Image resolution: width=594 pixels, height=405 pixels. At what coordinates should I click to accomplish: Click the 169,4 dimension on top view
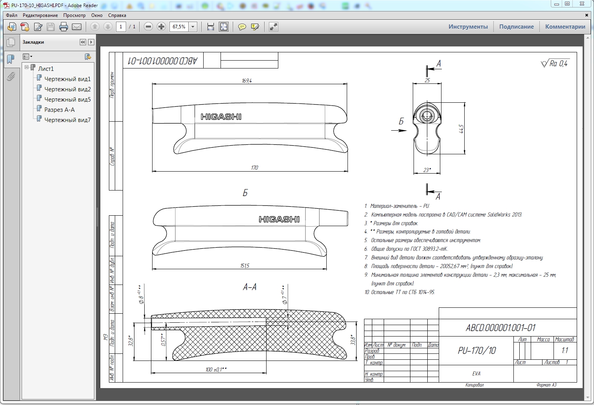(247, 81)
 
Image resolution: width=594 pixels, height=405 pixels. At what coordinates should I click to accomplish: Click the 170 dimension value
(254, 168)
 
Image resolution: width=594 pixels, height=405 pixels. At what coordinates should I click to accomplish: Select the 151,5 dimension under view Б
(245, 266)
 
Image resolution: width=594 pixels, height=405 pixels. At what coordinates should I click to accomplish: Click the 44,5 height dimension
(461, 129)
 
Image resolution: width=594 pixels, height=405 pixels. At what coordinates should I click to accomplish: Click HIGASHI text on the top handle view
(221, 117)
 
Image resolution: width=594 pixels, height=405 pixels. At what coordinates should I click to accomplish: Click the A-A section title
(250, 287)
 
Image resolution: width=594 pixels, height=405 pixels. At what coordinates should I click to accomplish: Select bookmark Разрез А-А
(59, 109)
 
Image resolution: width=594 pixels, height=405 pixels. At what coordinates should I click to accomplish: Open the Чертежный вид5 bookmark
(67, 99)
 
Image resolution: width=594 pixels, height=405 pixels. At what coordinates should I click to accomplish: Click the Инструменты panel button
(468, 27)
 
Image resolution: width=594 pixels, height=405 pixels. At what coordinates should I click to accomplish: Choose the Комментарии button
(565, 27)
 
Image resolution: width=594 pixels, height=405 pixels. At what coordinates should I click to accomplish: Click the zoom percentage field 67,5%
(179, 27)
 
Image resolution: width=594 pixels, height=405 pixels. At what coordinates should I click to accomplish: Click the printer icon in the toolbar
(64, 27)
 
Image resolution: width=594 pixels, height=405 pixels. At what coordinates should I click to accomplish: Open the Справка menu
(117, 15)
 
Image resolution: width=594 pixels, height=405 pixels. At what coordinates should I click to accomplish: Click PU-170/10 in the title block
(476, 350)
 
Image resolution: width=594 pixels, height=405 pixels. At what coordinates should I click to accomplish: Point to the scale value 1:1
(565, 350)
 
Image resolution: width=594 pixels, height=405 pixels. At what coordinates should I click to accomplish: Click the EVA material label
(476, 374)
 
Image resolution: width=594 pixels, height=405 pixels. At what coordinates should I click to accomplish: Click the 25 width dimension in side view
(427, 80)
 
